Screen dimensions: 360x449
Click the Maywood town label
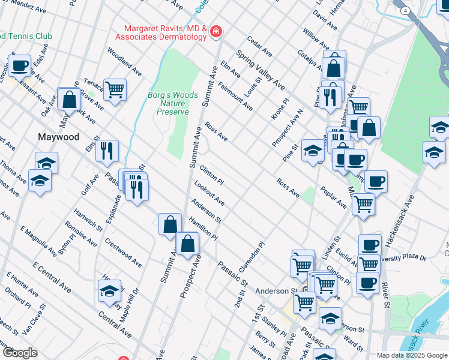59,137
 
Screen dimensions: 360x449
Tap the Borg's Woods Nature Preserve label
168,103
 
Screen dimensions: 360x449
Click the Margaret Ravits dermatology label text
165,32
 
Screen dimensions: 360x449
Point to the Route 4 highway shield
406,11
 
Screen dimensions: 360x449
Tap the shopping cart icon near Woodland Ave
115,89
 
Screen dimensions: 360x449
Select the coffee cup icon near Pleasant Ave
19,65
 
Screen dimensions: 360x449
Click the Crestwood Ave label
123,253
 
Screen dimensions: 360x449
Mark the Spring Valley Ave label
260,68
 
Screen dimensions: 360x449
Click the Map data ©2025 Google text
411,355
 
